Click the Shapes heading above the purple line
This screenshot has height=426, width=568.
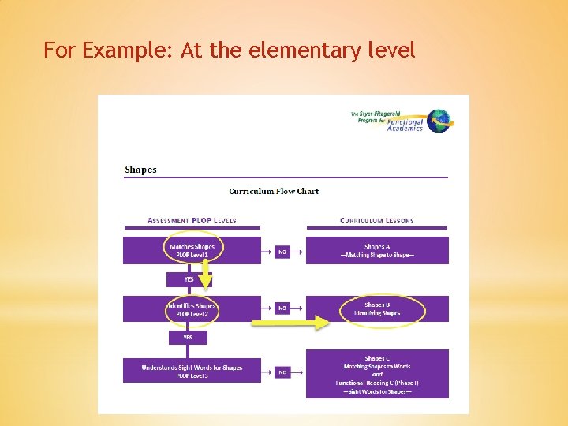140,170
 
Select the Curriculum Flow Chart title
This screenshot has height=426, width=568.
274,191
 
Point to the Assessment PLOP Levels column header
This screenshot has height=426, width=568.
192,220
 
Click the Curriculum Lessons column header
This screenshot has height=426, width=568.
376,220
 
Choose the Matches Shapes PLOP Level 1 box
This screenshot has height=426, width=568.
192,250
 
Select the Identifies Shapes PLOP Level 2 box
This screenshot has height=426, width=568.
192,308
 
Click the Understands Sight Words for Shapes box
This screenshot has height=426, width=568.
192,371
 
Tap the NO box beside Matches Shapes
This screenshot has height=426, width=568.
282,252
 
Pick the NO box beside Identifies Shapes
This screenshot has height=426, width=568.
282,308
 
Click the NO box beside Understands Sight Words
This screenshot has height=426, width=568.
282,372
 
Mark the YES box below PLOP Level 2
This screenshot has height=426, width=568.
188,337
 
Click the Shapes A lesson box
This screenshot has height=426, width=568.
377,250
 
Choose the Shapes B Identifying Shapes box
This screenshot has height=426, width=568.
377,308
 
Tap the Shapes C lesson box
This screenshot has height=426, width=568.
377,374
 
